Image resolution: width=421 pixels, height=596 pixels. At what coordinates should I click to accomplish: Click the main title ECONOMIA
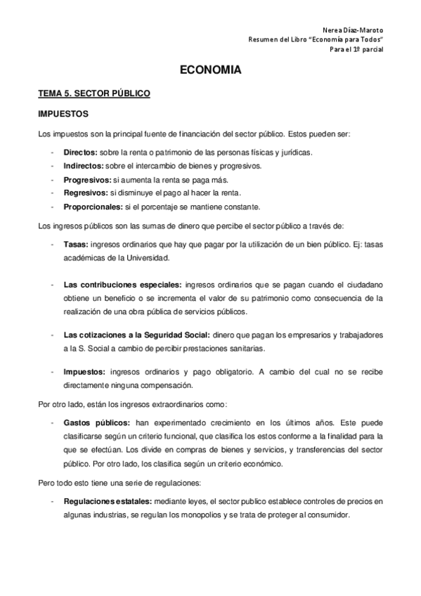pyautogui.click(x=211, y=71)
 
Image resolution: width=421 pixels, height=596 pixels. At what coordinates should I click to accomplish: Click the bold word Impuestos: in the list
pyautogui.click(x=84, y=372)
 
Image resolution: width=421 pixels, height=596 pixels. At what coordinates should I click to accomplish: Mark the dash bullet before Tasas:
pyautogui.click(x=53, y=244)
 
